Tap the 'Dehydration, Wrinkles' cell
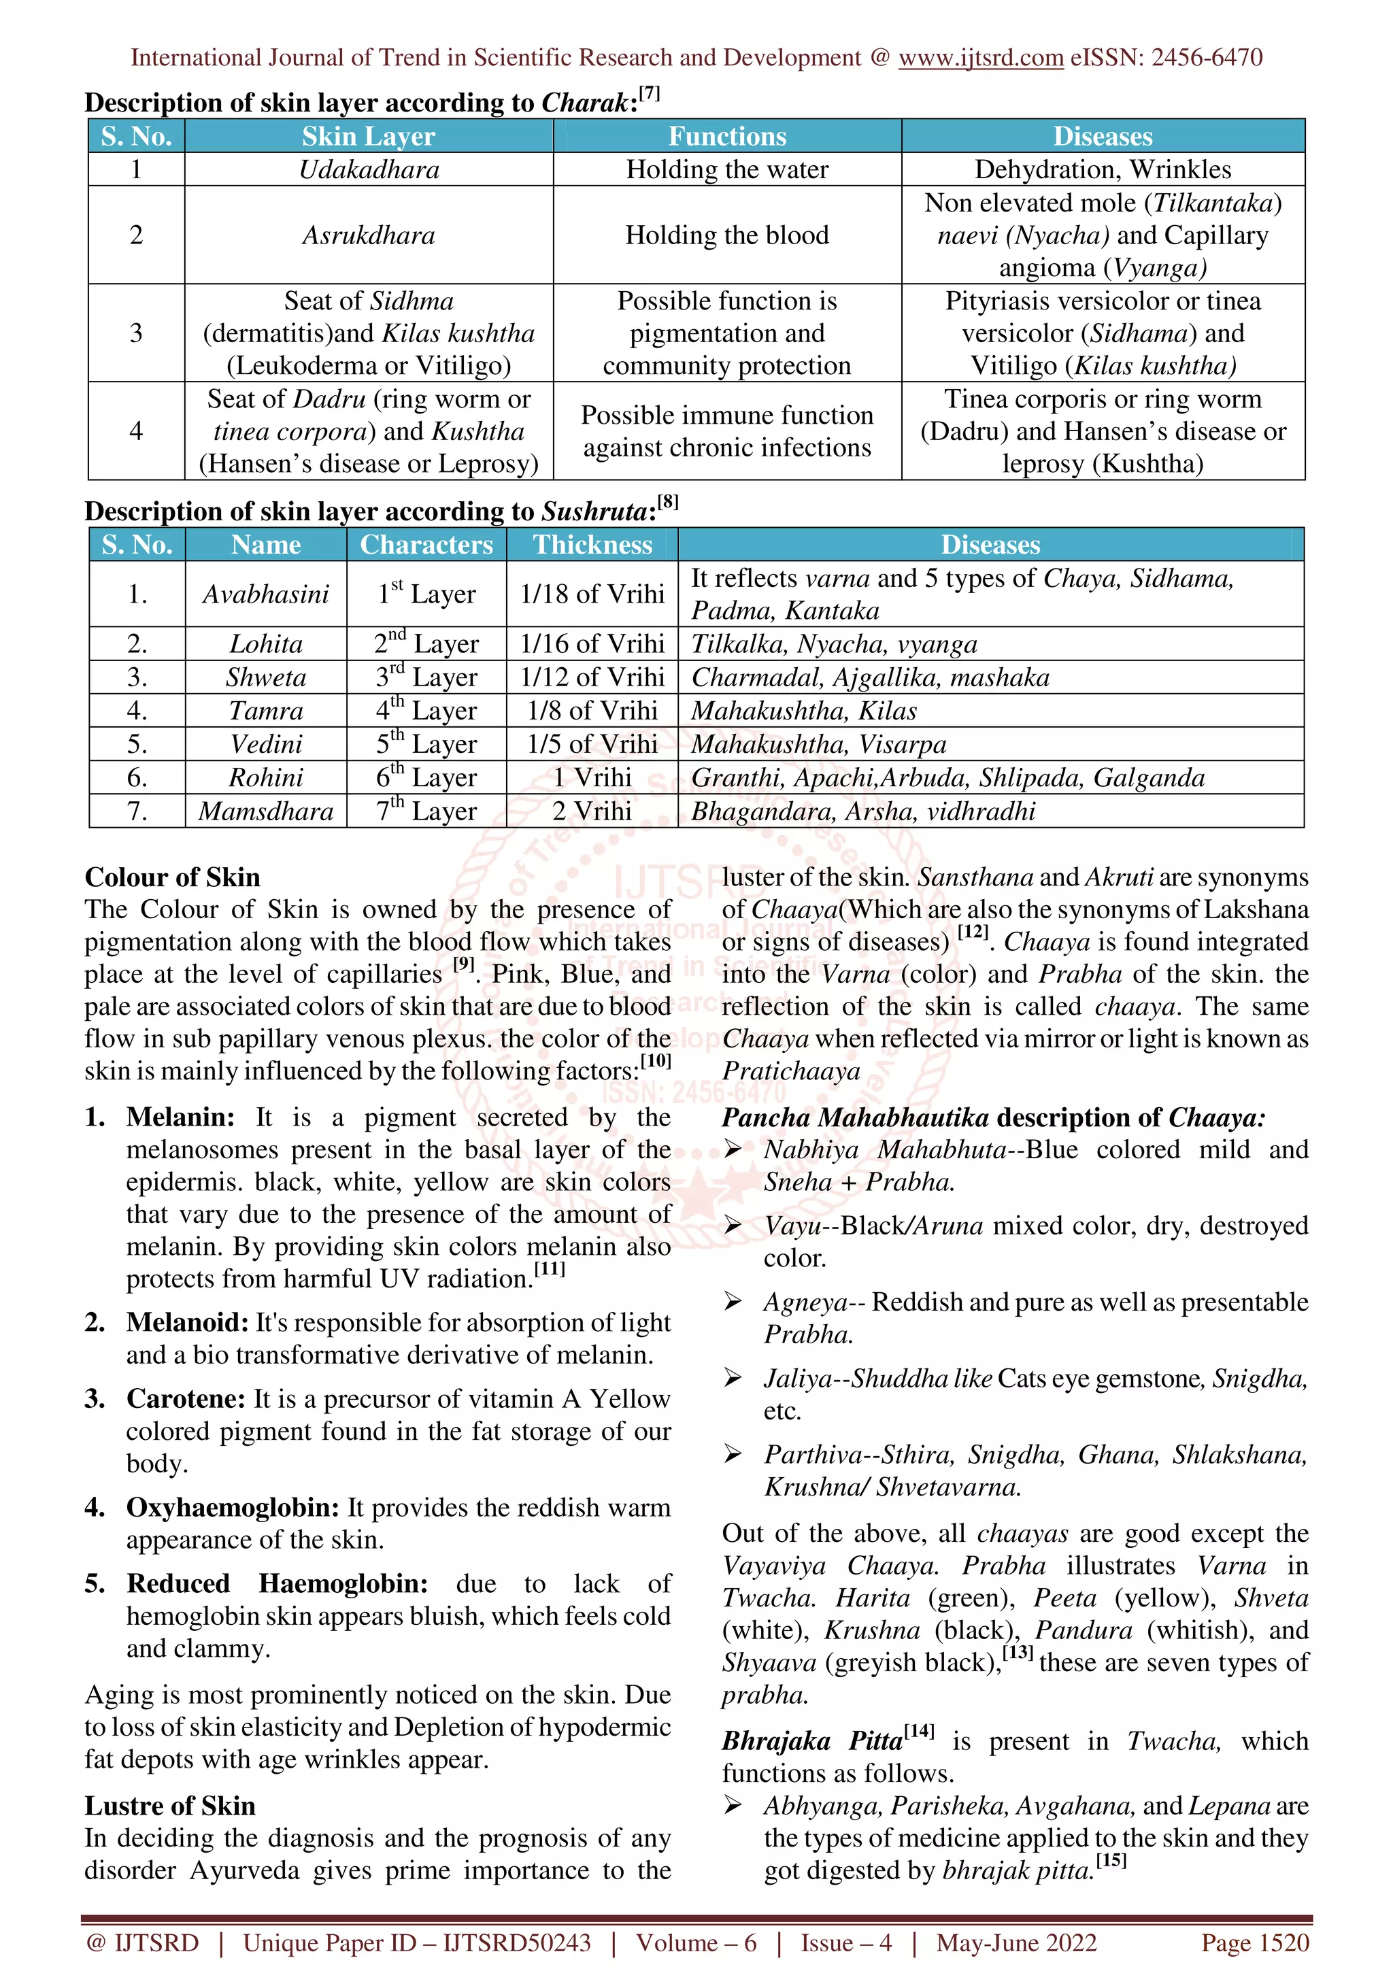(1102, 169)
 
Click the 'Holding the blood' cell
(726, 235)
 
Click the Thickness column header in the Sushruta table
(592, 545)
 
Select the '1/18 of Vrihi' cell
(592, 594)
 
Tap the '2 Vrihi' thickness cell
(592, 811)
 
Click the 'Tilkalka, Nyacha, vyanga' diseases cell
(835, 645)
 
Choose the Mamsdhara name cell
(266, 811)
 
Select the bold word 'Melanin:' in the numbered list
(180, 1117)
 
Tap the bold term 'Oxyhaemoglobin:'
(233, 1507)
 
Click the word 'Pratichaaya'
(790, 1071)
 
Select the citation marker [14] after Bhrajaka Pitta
(919, 1731)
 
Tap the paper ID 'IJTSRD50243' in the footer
(517, 1942)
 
